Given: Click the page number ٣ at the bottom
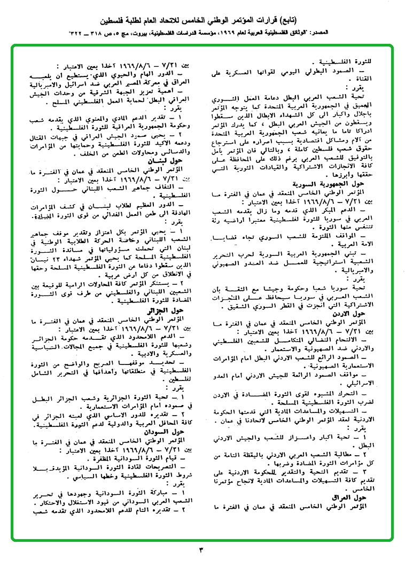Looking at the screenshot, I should [x=201, y=549].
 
